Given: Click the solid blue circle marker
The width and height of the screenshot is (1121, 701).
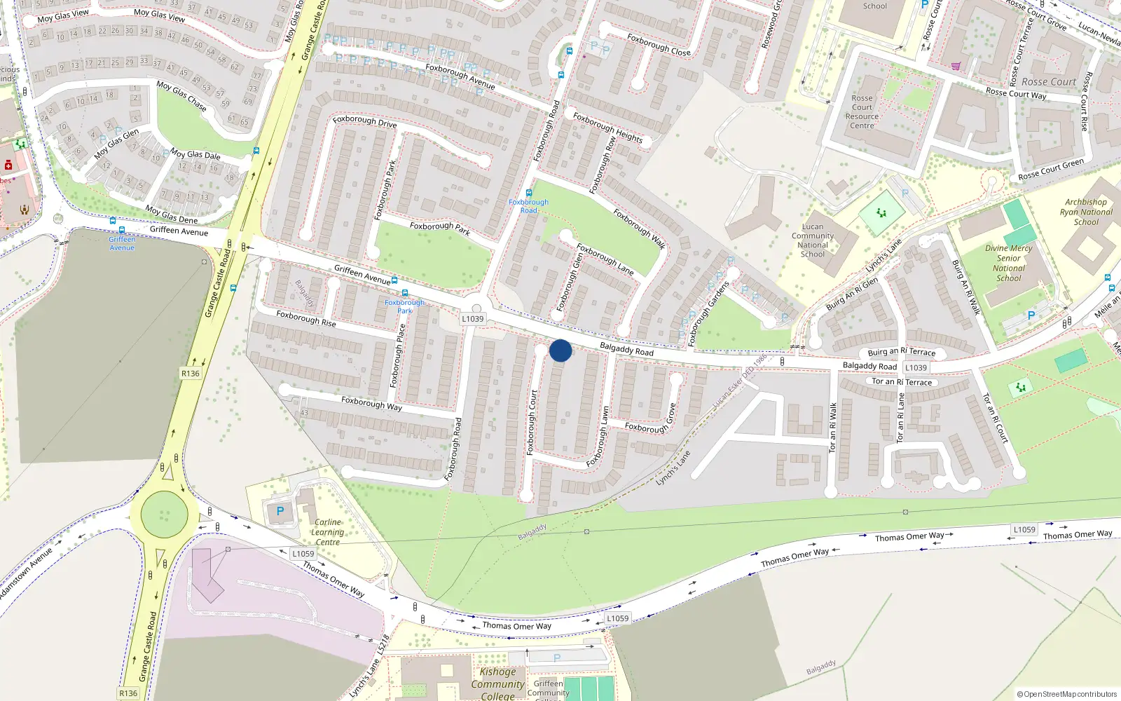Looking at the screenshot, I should click(x=560, y=350).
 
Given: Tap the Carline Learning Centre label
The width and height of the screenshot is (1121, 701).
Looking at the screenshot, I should click(x=327, y=532).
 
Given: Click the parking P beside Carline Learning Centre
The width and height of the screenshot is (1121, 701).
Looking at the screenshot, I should click(x=280, y=511).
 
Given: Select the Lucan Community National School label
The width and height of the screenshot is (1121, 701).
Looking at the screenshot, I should click(x=813, y=240).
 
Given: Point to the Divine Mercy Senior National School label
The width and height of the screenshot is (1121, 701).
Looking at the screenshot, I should click(x=1009, y=263).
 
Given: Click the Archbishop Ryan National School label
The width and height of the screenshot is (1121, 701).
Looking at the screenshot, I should click(x=1086, y=212).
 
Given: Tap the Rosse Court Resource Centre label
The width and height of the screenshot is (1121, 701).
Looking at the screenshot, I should click(x=862, y=112).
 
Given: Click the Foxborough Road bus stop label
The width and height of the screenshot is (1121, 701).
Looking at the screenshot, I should click(x=528, y=206).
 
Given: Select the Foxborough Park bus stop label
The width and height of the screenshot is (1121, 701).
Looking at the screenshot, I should click(x=404, y=306).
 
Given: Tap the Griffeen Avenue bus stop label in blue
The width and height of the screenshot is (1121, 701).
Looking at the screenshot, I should click(x=122, y=243).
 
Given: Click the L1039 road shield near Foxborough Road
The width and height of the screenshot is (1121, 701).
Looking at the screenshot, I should click(x=473, y=319).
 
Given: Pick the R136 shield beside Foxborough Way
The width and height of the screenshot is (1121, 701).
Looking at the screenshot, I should click(x=190, y=374).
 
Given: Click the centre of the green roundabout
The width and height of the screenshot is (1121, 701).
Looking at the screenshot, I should click(x=164, y=514).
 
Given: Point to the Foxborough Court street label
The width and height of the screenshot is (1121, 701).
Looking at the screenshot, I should click(x=532, y=422).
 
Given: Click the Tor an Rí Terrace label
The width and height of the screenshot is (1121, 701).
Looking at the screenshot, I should click(x=902, y=382).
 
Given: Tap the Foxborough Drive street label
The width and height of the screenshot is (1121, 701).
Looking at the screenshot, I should click(x=364, y=121).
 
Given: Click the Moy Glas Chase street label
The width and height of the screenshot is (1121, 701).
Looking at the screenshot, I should click(x=181, y=96).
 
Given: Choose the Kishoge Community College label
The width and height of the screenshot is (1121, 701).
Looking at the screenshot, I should click(x=497, y=683).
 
